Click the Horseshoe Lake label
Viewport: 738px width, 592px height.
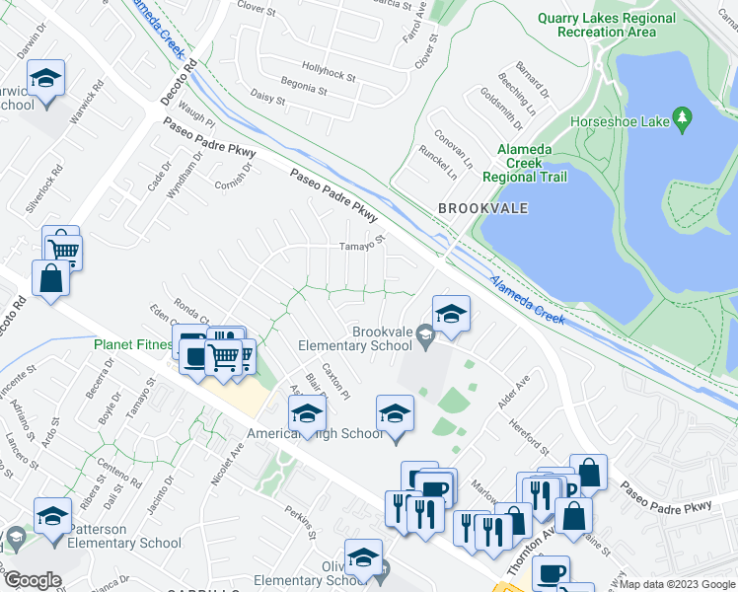coord(619,123)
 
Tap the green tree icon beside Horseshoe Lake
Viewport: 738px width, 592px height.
coord(682,120)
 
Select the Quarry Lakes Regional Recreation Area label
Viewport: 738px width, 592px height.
coord(606,25)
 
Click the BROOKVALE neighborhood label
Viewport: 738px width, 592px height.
coord(483,208)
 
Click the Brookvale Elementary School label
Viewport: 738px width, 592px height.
coord(355,338)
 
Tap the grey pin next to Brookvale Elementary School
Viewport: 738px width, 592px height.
coord(425,338)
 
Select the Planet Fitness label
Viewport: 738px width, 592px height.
coord(133,345)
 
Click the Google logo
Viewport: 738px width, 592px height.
coord(33,580)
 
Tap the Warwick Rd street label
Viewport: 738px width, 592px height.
coord(87,103)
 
